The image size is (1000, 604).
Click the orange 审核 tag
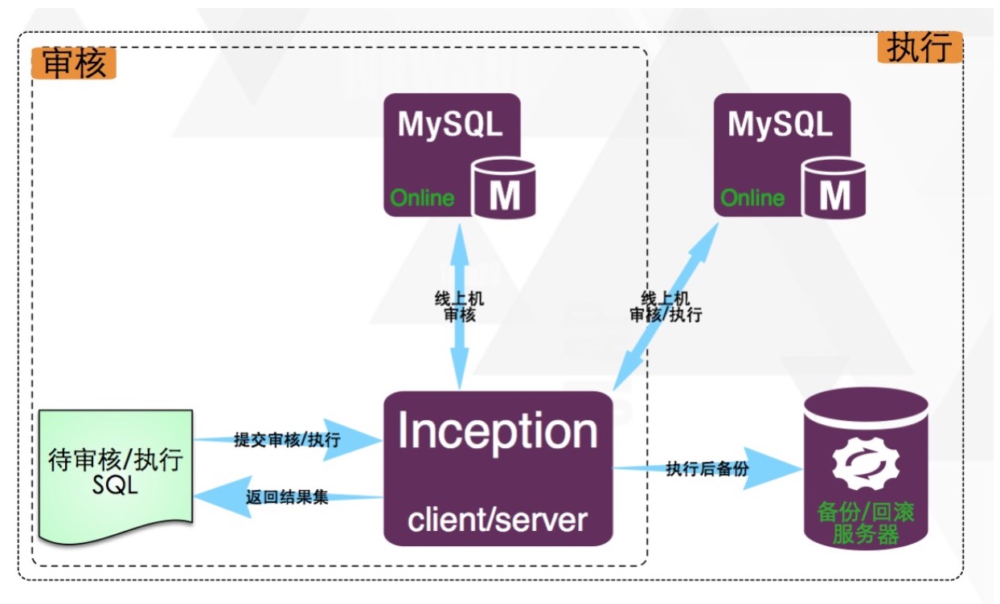pyautogui.click(x=74, y=63)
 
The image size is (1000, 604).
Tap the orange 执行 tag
pyautogui.click(x=919, y=48)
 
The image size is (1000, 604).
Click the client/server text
pyautogui.click(x=498, y=520)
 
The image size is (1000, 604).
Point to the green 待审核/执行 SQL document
pyautogui.click(x=116, y=474)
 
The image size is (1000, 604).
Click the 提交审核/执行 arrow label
pyautogui.click(x=286, y=439)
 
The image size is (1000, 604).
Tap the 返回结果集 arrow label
pyautogui.click(x=287, y=497)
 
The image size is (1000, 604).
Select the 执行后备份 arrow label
pyautogui.click(x=707, y=469)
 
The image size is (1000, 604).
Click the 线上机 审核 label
pyautogui.click(x=460, y=307)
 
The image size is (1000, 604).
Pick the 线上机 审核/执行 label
pyautogui.click(x=666, y=307)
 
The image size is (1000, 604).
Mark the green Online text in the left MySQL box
pyautogui.click(x=423, y=198)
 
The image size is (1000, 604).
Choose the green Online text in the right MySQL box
pyautogui.click(x=752, y=198)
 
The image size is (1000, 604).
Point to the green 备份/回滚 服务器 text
pyautogui.click(x=865, y=524)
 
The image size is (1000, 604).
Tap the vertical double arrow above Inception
pyautogui.click(x=460, y=265)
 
